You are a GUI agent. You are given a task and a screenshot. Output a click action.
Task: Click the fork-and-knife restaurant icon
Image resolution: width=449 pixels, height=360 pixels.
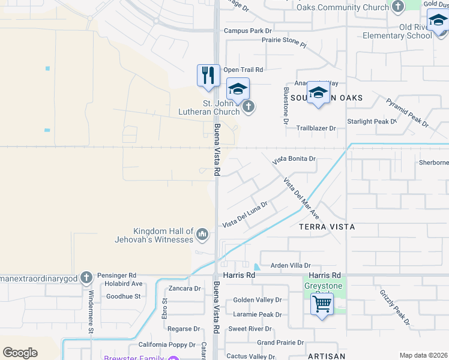[x=208, y=76]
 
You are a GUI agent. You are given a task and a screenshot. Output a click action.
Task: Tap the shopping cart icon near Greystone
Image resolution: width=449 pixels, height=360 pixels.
[x=322, y=305]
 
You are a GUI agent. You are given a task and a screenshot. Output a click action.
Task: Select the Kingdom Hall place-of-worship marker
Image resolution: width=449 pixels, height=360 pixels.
[x=202, y=233]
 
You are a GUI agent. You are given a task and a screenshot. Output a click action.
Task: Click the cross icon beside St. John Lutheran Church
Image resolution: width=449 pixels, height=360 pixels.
[x=249, y=107]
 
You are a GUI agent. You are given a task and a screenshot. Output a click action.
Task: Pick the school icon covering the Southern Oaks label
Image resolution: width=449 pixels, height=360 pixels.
[x=318, y=92]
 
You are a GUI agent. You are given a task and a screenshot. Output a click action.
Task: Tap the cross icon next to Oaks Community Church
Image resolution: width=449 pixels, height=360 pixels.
[x=397, y=7]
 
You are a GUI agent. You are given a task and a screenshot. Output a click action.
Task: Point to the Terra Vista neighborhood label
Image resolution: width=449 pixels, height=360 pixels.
[x=327, y=227]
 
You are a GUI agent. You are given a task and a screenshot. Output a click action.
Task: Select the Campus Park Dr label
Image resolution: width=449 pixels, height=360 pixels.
[x=248, y=30]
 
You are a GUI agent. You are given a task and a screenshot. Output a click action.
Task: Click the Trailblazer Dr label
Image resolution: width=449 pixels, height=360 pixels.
[x=315, y=128]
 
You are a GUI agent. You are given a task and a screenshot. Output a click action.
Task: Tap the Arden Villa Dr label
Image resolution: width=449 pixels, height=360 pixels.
[x=291, y=265]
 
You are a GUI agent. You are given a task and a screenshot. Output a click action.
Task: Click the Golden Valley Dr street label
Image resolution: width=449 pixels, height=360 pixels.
[x=258, y=299]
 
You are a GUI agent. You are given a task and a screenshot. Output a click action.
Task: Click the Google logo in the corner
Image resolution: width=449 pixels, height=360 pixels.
[x=20, y=353]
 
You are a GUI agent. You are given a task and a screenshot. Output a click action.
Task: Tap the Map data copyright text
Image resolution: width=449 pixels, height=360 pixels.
[x=423, y=355]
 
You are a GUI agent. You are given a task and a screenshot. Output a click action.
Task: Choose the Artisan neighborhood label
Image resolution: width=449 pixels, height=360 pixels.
[x=327, y=356]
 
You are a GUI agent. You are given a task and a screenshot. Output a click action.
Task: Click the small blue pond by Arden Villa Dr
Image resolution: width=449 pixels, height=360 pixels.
[x=257, y=266]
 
